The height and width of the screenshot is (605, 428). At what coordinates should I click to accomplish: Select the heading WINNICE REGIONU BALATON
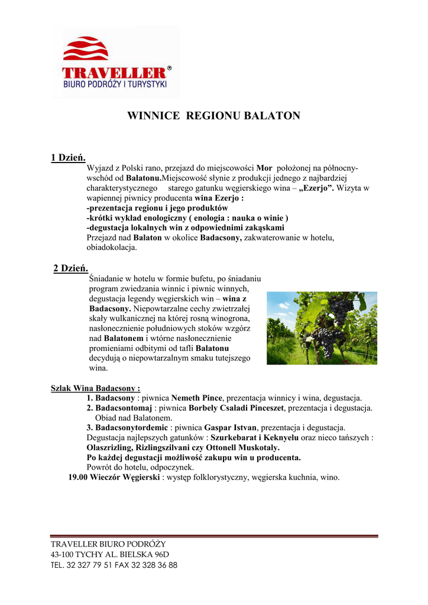click(214, 116)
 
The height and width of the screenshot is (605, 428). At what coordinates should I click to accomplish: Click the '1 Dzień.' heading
click(69, 158)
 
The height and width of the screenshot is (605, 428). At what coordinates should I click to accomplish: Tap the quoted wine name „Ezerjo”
click(317, 188)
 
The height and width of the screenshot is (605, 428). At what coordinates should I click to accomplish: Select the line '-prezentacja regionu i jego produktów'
click(157, 208)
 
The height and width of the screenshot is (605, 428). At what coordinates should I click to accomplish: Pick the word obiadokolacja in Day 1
click(112, 248)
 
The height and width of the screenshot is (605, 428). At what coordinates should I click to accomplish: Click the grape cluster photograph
click(322, 327)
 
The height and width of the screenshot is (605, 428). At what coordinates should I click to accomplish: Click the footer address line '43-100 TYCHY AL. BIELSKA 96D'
click(110, 554)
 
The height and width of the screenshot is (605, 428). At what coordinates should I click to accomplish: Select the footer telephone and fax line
click(114, 565)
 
